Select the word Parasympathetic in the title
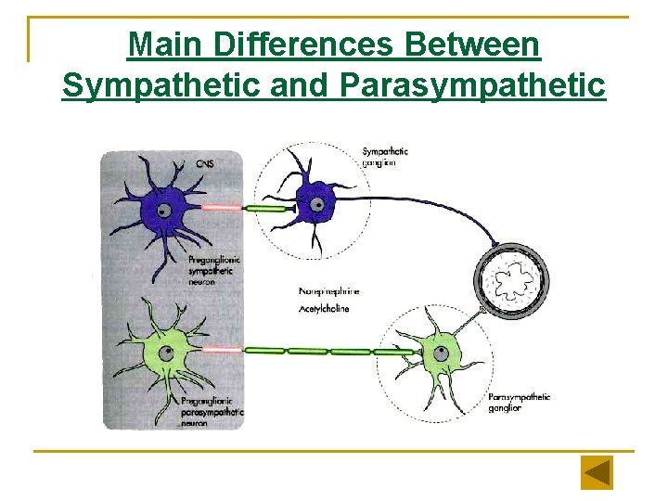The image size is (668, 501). point(473,85)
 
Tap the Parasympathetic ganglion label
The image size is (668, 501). point(519,402)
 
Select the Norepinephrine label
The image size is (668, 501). point(329,291)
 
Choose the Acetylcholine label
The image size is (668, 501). point(325,308)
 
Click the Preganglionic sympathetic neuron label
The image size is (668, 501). point(214,271)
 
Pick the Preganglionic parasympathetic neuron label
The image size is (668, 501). point(212,410)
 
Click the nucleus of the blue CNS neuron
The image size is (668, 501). point(164,211)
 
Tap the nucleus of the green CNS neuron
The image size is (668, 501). point(166,353)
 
